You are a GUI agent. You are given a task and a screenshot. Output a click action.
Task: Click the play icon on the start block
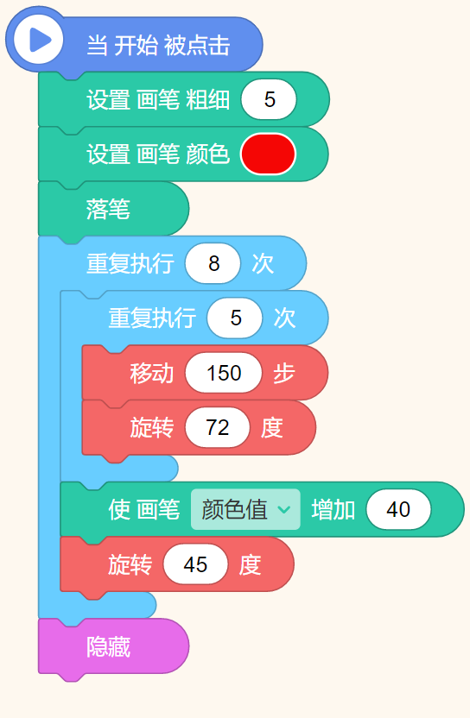coord(39,40)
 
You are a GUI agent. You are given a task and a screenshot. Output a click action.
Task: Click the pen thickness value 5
coord(269,99)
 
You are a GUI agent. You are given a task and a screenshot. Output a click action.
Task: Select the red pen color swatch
coord(268,154)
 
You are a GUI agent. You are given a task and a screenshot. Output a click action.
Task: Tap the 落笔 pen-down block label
coord(108,209)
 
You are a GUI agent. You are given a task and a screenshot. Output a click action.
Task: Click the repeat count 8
coord(213,263)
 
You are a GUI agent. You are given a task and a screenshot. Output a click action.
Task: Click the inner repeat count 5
coord(235,318)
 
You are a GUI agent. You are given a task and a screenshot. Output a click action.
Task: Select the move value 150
coord(224,373)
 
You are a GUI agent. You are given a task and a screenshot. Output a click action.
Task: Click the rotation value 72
coord(218,427)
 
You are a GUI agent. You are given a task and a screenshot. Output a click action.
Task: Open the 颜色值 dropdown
coord(245,509)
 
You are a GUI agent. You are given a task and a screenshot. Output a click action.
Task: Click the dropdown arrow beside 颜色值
coord(284,510)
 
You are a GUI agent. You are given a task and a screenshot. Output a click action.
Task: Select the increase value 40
coord(398,509)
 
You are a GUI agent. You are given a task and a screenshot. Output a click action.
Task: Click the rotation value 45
coord(195,564)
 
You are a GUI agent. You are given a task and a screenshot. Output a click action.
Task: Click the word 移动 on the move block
coord(152,373)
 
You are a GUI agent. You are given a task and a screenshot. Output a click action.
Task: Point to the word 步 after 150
coord(284,373)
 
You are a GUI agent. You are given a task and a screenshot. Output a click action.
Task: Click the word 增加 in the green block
coord(333,510)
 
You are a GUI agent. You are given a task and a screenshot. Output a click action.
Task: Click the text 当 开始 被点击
coord(158,45)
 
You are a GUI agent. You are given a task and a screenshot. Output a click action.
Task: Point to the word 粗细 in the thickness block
coord(207,99)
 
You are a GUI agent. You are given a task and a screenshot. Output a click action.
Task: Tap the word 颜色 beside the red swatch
coord(207,154)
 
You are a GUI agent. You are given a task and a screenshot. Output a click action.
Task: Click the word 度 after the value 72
coord(272,428)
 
